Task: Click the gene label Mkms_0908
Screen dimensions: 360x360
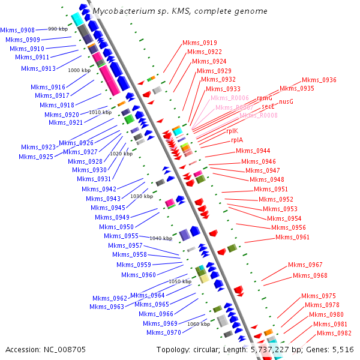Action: [17, 29]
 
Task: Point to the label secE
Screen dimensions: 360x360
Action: [268, 106]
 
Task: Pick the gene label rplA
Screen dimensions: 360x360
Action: [237, 140]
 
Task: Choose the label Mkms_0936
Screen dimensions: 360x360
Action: [319, 80]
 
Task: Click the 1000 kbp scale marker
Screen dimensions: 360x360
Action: [79, 70]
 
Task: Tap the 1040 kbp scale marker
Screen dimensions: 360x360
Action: [160, 238]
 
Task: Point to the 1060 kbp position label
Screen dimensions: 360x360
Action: [199, 324]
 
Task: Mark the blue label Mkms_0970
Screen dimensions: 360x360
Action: [163, 332]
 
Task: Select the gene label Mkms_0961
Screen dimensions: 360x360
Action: [292, 237]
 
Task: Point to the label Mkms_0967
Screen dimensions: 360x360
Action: [305, 265]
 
